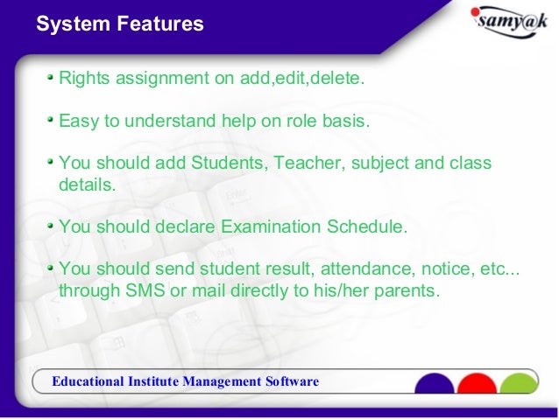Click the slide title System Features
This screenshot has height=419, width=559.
coord(119,24)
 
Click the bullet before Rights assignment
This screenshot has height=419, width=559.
coord(52,78)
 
